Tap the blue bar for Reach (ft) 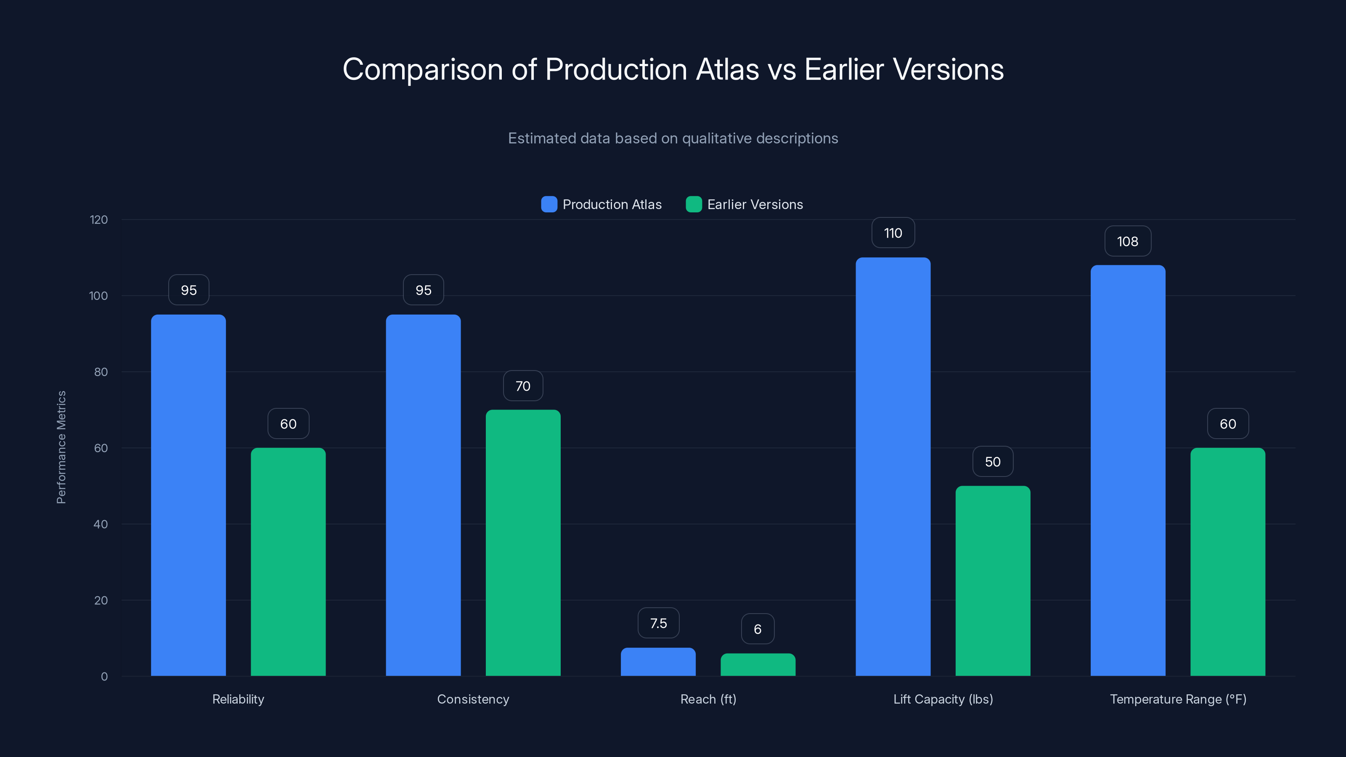(658, 662)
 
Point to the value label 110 (893, 233)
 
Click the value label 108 (1128, 241)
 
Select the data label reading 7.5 (658, 623)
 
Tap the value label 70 (522, 386)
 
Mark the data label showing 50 (992, 462)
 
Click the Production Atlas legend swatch (548, 204)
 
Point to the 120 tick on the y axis (99, 220)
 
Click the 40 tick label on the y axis (101, 524)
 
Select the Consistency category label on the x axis (473, 699)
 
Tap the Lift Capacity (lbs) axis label (943, 699)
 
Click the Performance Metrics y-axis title (61, 447)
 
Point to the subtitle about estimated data (673, 138)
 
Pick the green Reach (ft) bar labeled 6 (758, 664)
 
